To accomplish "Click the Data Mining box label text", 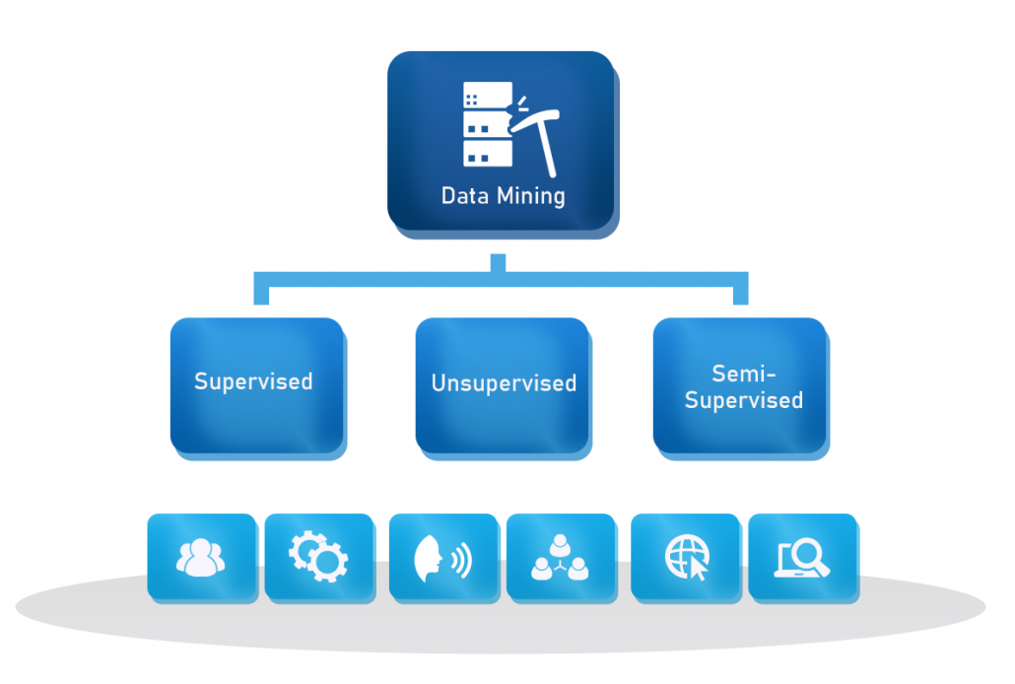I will (x=503, y=195).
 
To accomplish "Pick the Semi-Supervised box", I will (x=740, y=385).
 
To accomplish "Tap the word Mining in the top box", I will (x=531, y=195).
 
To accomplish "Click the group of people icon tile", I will (x=201, y=557).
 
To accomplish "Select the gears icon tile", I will (x=318, y=557).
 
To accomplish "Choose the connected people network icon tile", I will (x=560, y=558).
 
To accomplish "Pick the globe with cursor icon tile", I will (x=684, y=558).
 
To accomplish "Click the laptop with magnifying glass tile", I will (x=801, y=558).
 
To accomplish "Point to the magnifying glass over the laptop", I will (x=811, y=554).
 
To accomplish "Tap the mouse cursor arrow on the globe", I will (x=697, y=570).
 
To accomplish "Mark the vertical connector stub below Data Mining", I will (x=498, y=263).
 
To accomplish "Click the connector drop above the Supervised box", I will (x=262, y=293).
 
